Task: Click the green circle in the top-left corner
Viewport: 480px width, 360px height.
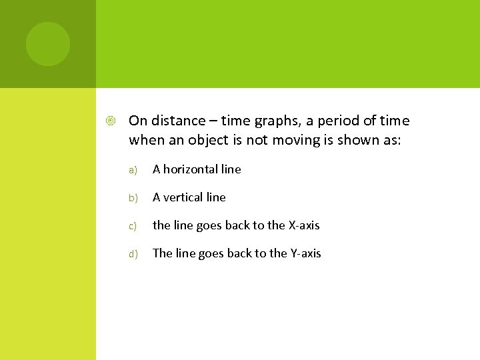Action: pyautogui.click(x=48, y=44)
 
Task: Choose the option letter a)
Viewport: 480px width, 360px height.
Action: pyautogui.click(x=133, y=170)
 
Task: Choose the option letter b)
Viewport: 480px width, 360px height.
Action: pyautogui.click(x=133, y=198)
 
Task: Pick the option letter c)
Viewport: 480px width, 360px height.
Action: pyautogui.click(x=133, y=226)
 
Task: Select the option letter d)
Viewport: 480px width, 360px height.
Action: pyautogui.click(x=133, y=254)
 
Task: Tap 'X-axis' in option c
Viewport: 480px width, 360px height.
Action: pyautogui.click(x=303, y=225)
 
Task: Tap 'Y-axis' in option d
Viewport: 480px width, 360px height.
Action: pyautogui.click(x=305, y=253)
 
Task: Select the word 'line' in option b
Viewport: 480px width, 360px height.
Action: pyautogui.click(x=216, y=197)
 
